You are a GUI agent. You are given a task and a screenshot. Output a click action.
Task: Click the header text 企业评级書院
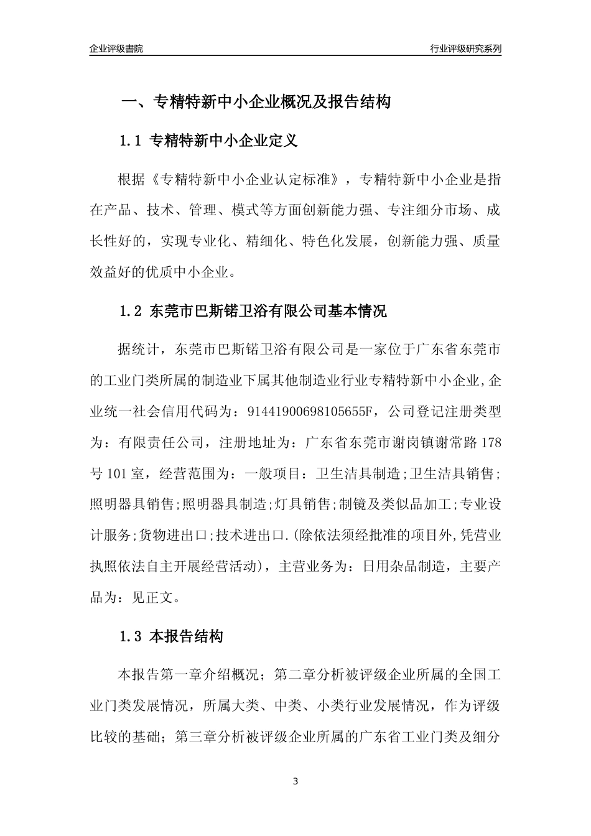[116, 49]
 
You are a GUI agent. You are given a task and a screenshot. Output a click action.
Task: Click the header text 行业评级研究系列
[465, 49]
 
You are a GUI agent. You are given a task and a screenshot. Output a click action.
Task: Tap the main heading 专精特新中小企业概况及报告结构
[271, 101]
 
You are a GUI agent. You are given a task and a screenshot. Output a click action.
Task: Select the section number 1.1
[131, 141]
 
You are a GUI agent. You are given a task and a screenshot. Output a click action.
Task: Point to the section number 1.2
[131, 311]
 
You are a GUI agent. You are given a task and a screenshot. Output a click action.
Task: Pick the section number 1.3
[131, 636]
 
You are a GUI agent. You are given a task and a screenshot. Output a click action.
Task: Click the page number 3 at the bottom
[295, 781]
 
